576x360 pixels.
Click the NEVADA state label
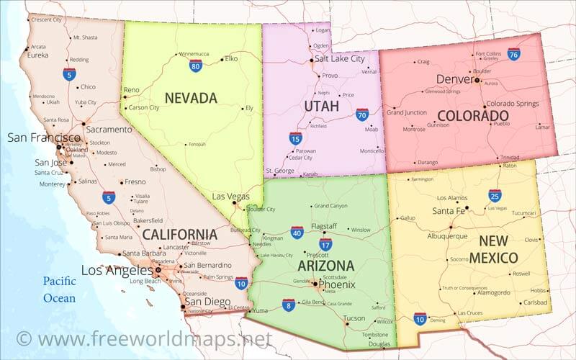(x=191, y=98)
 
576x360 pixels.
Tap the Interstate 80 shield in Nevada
(x=195, y=66)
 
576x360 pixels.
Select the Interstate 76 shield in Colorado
(x=513, y=54)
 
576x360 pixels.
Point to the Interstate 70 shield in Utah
(x=362, y=114)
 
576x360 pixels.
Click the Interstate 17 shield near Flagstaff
(x=325, y=244)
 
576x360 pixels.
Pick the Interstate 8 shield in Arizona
(x=288, y=305)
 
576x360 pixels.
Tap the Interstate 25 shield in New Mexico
(x=495, y=195)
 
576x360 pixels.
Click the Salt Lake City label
(x=340, y=59)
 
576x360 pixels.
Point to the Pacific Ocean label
(x=58, y=289)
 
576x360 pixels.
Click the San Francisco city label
(x=44, y=138)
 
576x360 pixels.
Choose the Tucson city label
(x=354, y=318)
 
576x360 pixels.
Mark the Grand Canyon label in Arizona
(x=330, y=206)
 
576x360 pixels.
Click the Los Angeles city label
(x=117, y=271)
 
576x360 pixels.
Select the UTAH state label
(x=321, y=107)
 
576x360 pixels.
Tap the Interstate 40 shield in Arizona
(x=297, y=232)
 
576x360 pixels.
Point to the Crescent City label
(x=46, y=19)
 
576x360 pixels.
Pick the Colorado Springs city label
(x=513, y=104)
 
